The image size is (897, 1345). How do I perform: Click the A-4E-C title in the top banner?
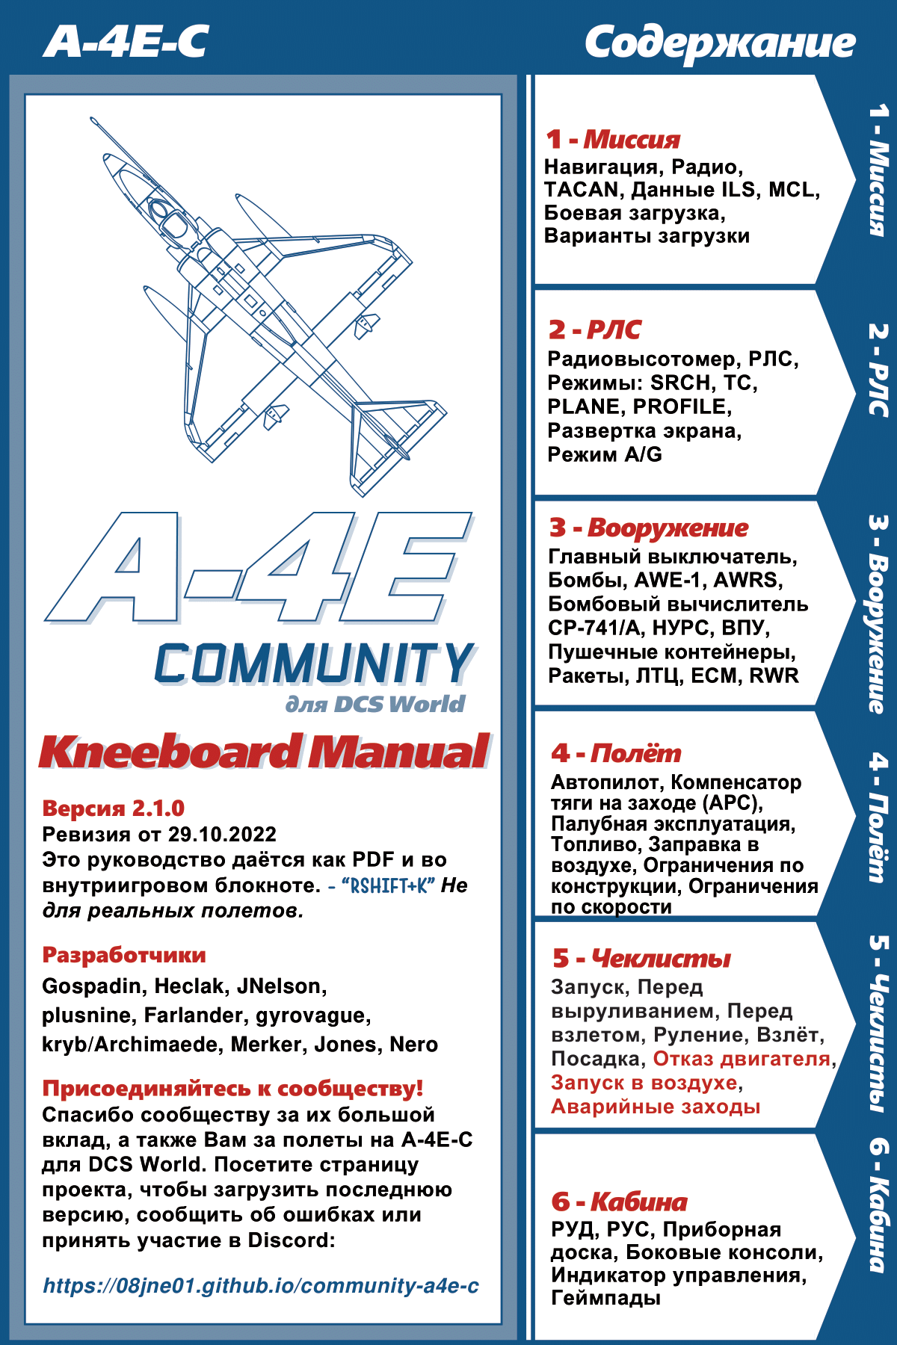(x=126, y=42)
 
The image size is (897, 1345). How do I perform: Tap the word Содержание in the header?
(x=719, y=43)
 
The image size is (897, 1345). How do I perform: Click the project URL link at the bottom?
(x=261, y=1285)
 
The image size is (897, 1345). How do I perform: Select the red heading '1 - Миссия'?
(x=613, y=140)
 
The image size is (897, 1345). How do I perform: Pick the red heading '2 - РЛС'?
(x=595, y=330)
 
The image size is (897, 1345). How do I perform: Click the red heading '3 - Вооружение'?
(x=649, y=528)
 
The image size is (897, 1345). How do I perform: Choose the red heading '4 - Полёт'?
(x=616, y=753)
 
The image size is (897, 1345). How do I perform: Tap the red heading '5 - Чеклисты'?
(x=641, y=958)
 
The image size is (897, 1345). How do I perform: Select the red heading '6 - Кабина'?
(x=619, y=1202)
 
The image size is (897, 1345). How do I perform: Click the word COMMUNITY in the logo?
(x=314, y=664)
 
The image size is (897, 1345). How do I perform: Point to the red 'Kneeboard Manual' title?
(x=265, y=752)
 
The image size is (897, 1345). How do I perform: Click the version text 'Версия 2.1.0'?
(x=114, y=808)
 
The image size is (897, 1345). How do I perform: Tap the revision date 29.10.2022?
(x=222, y=835)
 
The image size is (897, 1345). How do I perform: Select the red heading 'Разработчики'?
(x=124, y=955)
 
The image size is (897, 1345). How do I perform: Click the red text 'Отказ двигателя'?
(x=742, y=1059)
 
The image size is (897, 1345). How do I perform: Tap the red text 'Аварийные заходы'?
(x=656, y=1107)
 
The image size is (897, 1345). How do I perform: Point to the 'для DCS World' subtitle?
(x=375, y=704)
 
